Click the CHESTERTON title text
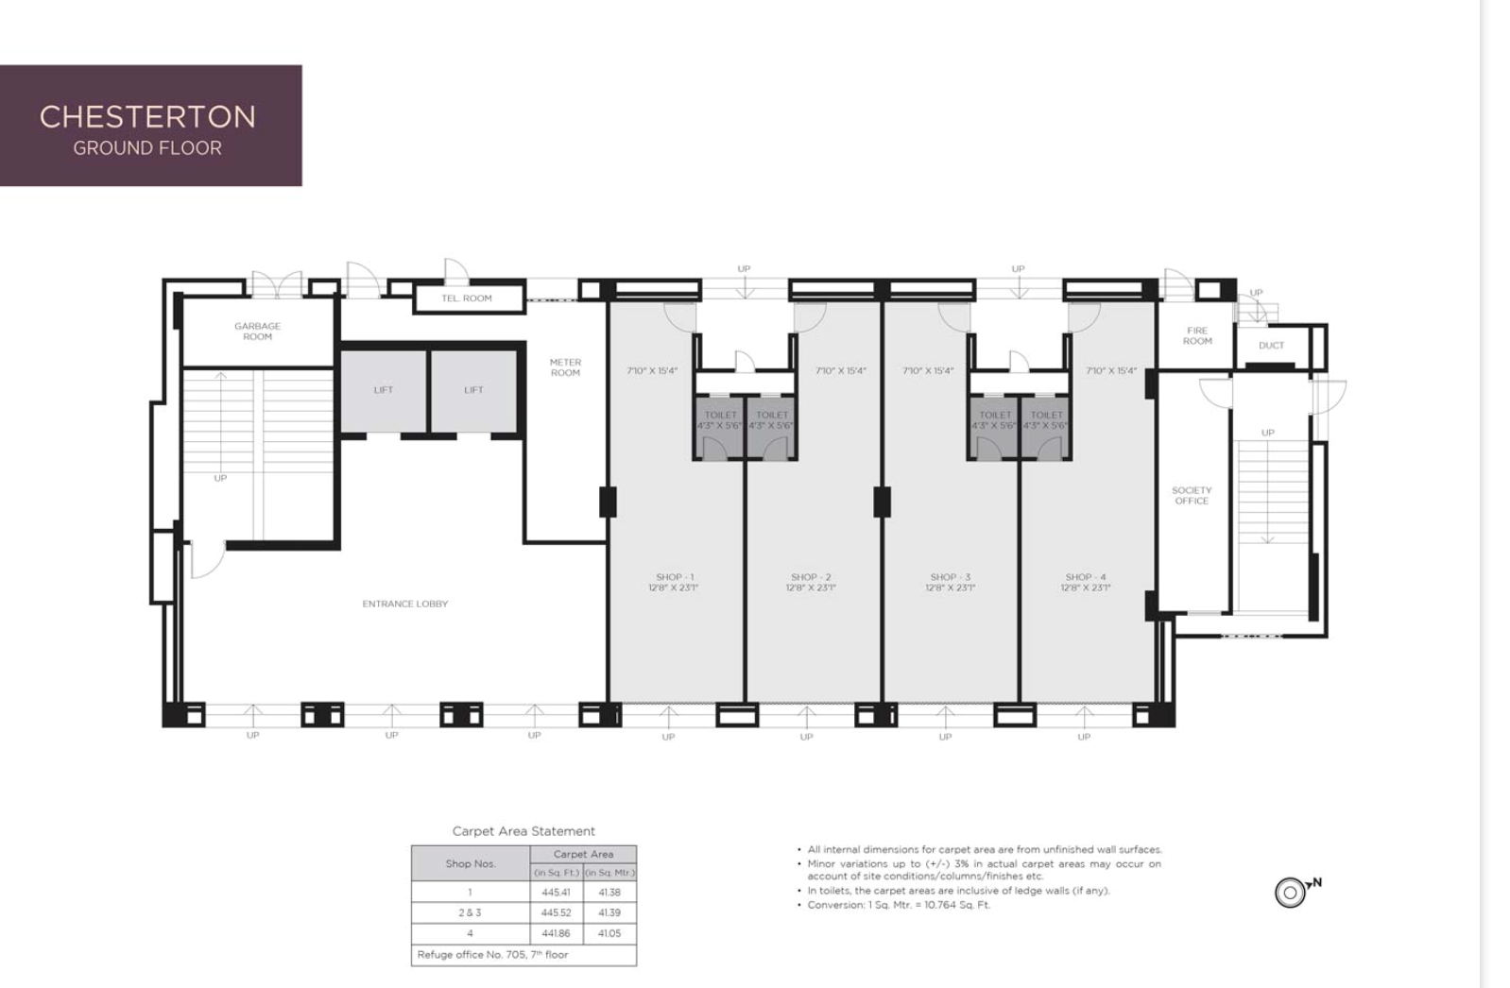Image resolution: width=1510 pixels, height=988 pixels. [147, 116]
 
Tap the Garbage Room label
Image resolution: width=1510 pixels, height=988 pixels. [257, 332]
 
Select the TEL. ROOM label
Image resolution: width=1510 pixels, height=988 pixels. [467, 298]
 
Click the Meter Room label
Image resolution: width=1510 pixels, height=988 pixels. [565, 367]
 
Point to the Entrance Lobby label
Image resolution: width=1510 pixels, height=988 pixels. [405, 604]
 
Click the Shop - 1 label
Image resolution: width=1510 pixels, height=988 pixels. [674, 582]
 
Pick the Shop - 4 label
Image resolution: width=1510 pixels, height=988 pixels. [1085, 582]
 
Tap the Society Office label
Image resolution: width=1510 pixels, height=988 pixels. [1192, 496]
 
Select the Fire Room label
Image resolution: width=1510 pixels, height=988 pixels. [1197, 336]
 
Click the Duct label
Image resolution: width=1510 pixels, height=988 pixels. [1271, 346]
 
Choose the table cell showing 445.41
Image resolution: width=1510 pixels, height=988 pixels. [556, 892]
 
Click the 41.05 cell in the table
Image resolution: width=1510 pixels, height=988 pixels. [609, 933]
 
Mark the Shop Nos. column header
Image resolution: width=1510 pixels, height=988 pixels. [471, 863]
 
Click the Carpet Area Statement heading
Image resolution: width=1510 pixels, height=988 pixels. [523, 831]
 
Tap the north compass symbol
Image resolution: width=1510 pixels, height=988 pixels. [1291, 892]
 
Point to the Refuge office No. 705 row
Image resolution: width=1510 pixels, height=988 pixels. [493, 955]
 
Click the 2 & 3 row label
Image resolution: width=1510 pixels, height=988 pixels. [470, 912]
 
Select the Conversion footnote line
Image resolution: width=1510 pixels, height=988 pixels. [899, 905]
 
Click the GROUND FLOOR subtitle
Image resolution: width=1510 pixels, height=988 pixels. [147, 148]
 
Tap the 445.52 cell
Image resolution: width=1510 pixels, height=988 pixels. [556, 912]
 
